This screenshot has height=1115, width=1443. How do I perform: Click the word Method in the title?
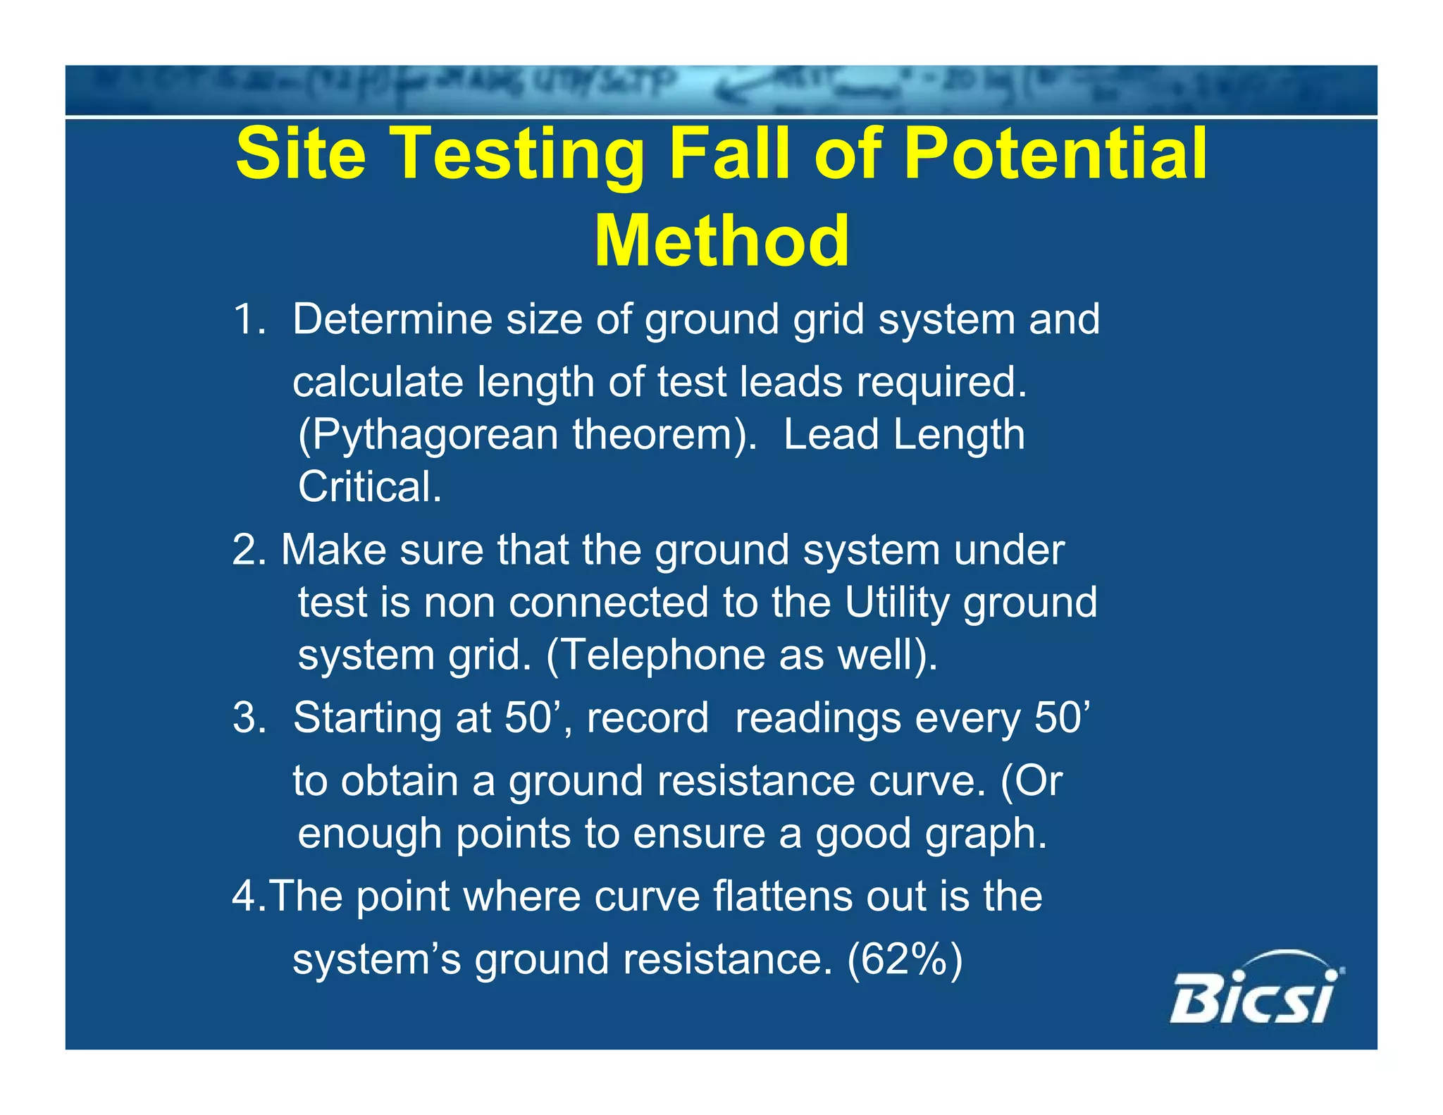(x=722, y=241)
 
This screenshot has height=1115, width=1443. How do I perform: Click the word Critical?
(x=369, y=487)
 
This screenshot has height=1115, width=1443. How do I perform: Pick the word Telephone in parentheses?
(x=655, y=655)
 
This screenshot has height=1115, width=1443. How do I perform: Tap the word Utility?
(x=897, y=603)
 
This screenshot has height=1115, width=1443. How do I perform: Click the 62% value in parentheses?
(x=905, y=959)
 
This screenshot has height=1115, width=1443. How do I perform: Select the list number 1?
(x=247, y=319)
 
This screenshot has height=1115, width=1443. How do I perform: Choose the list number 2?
(x=247, y=550)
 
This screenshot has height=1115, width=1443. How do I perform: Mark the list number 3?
(x=247, y=718)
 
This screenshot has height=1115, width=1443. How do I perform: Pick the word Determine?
(x=392, y=319)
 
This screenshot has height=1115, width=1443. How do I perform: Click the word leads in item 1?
(x=791, y=382)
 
